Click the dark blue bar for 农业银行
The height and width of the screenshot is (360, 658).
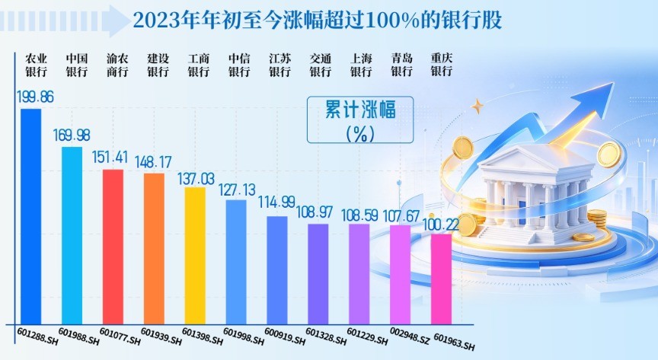(31, 216)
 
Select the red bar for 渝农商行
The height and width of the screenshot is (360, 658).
(113, 247)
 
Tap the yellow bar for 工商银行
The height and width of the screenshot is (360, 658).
(195, 256)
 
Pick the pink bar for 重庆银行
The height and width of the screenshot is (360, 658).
(442, 279)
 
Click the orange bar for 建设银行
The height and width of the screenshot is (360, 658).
(154, 249)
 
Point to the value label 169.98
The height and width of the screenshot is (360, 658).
(72, 135)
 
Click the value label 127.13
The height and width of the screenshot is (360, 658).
(237, 190)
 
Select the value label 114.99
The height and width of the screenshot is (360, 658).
(276, 202)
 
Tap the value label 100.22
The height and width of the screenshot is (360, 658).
(440, 225)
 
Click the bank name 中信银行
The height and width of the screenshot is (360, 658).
(239, 65)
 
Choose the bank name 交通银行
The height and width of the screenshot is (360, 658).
(321, 65)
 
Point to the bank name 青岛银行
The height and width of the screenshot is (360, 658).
(402, 65)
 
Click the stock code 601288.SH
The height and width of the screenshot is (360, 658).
(37, 336)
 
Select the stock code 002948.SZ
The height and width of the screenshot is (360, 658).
(410, 336)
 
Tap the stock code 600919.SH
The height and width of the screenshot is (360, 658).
(285, 336)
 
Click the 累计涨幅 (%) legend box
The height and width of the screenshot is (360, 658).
(360, 120)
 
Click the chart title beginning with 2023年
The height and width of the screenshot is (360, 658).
(318, 20)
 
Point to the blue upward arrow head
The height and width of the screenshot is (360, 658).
(597, 100)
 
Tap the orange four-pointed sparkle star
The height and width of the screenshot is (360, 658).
(478, 106)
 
